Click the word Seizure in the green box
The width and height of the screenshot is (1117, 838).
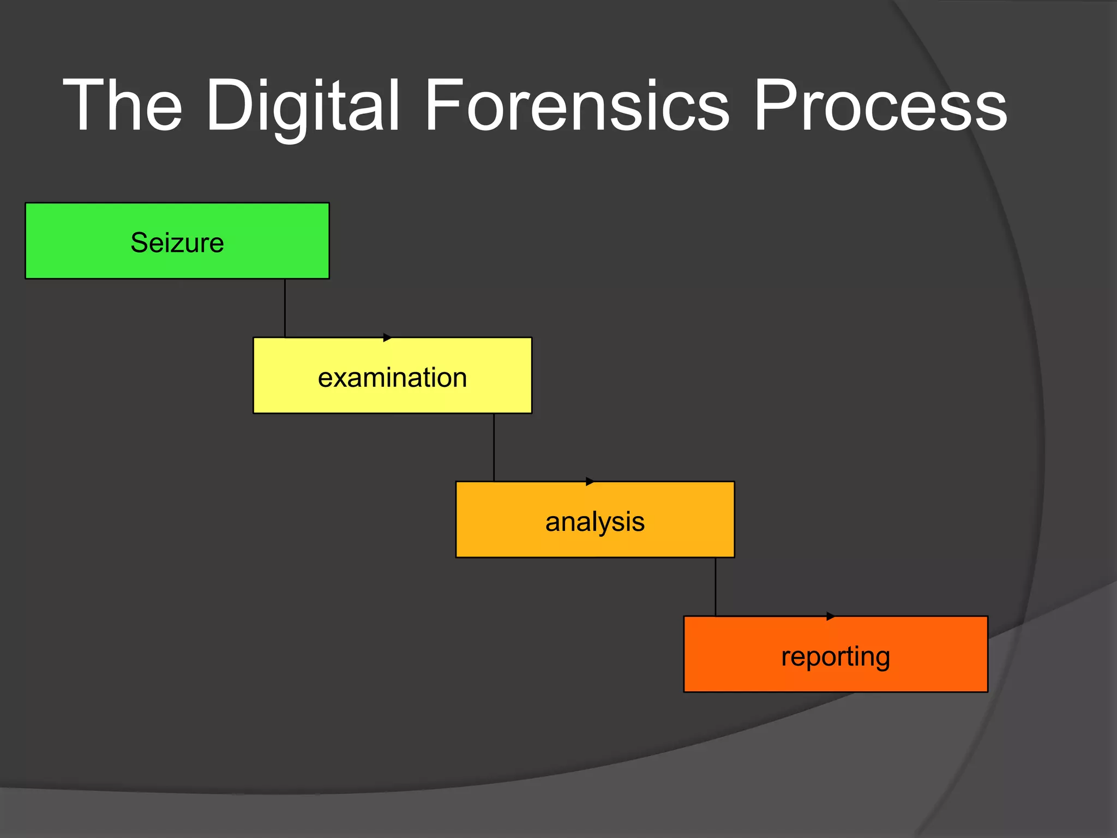coord(177,242)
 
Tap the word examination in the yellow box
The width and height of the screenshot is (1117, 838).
coord(392,378)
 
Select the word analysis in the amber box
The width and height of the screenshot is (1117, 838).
coord(594,522)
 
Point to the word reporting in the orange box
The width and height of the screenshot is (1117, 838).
coord(835,656)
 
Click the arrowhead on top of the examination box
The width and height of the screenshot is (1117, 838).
coord(387,338)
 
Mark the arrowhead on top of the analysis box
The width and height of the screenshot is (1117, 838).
coord(590,482)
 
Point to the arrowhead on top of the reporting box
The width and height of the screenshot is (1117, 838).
coord(830,616)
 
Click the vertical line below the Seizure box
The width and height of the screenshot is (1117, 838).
coord(285,308)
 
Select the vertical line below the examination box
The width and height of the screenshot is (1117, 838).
coord(494,447)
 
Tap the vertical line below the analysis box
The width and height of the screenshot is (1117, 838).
coord(715,587)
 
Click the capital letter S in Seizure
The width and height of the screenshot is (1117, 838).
coord(139,242)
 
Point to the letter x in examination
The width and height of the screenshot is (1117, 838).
coord(341,379)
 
